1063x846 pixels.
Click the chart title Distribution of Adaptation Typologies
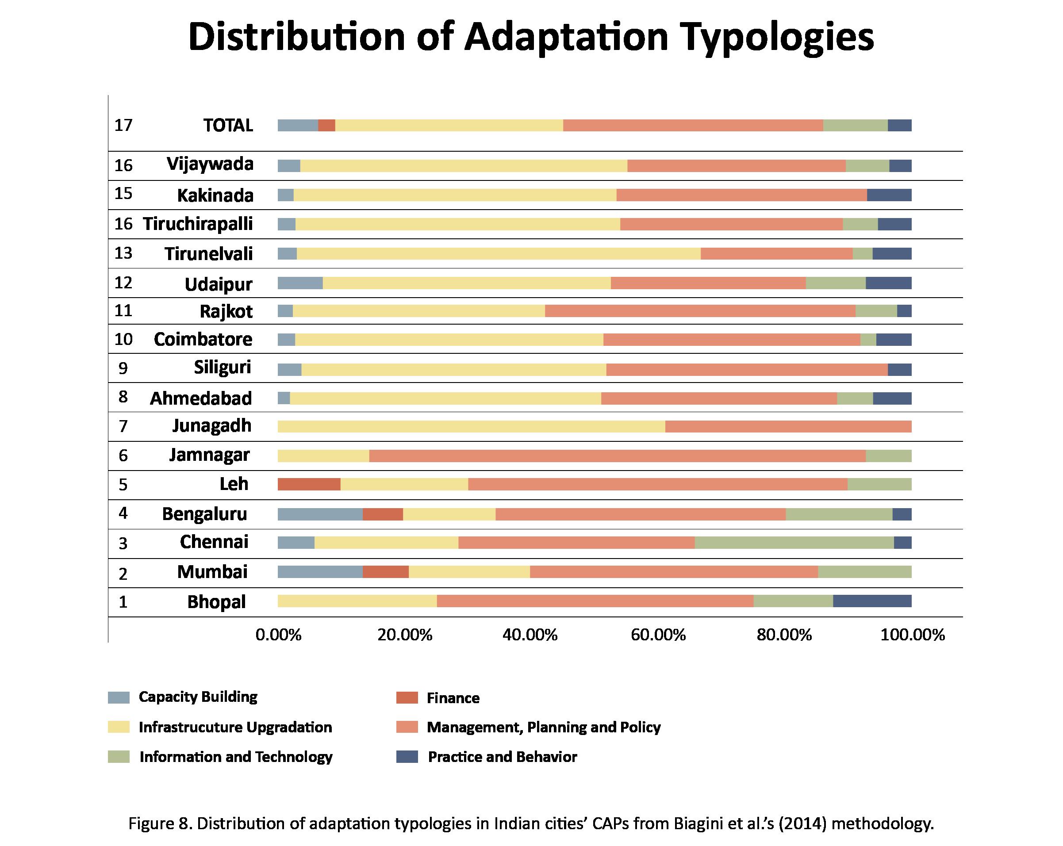click(x=531, y=38)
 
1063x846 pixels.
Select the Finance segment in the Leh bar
click(x=309, y=484)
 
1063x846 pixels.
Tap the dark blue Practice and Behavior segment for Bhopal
click(x=872, y=601)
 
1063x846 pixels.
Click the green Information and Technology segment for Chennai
click(x=794, y=542)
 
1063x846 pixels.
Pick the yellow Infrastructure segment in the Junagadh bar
click(x=471, y=426)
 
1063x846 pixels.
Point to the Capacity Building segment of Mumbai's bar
click(x=320, y=572)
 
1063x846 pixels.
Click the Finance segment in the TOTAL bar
click(x=326, y=125)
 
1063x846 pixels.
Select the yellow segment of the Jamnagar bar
click(x=323, y=456)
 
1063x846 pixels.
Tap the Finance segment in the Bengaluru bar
click(x=383, y=514)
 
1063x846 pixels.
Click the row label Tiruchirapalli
click(x=198, y=224)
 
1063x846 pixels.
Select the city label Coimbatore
click(x=203, y=339)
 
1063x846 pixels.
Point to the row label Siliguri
click(x=223, y=367)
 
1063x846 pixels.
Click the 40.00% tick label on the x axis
click(x=530, y=635)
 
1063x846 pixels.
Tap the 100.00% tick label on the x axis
click(x=912, y=635)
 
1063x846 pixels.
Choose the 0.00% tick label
click(x=278, y=635)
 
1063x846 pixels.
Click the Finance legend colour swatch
click(x=407, y=697)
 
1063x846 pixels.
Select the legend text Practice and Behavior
click(x=502, y=757)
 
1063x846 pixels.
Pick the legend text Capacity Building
click(x=198, y=697)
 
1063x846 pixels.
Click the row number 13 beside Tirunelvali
click(x=123, y=253)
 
